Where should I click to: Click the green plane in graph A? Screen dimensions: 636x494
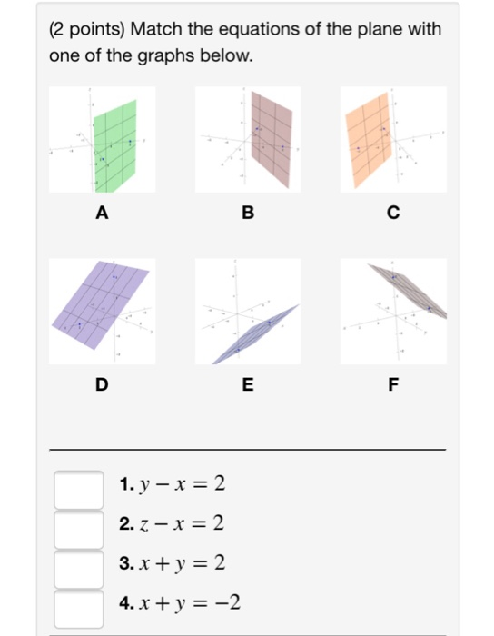coord(115,145)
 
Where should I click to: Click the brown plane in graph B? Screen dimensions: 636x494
coord(271,136)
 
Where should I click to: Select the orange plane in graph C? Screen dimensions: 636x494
coord(373,136)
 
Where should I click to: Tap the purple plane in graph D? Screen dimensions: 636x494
coord(100,300)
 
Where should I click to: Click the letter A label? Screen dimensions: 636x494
coord(102,214)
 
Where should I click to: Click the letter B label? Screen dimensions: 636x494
coord(247,214)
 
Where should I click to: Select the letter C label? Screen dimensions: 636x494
coord(392,214)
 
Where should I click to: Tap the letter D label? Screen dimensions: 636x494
coord(102,384)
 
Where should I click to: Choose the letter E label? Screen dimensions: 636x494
coord(247,384)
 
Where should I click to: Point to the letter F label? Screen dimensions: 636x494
coord(392,384)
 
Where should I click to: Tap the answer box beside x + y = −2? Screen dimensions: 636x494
coord(78,604)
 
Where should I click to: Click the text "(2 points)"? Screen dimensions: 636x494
coord(87,29)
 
